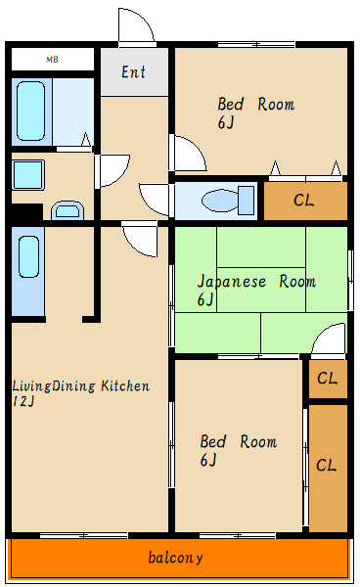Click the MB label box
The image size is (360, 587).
(53, 59)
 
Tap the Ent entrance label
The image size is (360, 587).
(134, 71)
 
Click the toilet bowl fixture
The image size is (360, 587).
(228, 200)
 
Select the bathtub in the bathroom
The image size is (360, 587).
(30, 112)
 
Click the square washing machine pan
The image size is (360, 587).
(28, 175)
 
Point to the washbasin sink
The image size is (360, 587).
(67, 210)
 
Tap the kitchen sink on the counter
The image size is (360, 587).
(28, 256)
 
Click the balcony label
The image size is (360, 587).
(175, 558)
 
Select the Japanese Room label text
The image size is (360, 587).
(256, 281)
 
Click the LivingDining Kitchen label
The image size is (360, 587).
(81, 385)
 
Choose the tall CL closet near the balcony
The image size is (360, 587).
(328, 468)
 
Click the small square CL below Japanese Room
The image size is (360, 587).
(328, 379)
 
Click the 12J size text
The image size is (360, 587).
(23, 401)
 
